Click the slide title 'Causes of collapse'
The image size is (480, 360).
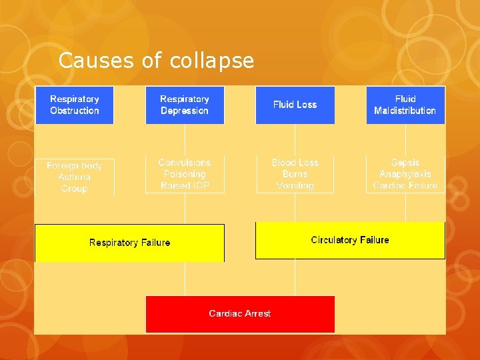[156, 61]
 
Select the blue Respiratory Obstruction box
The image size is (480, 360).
[75, 105]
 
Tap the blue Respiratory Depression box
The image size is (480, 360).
[185, 105]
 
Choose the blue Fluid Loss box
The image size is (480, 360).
[295, 105]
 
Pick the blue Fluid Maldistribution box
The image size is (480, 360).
[405, 105]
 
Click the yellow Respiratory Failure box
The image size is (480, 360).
[129, 243]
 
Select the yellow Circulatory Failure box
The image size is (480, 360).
[350, 240]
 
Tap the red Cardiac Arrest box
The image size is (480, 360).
[240, 313]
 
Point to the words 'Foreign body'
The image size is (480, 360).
[75, 165]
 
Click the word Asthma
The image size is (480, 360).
[75, 177]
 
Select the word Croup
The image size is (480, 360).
[75, 189]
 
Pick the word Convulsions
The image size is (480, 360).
[185, 163]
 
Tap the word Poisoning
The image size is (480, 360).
[185, 174]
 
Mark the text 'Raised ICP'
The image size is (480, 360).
[185, 185]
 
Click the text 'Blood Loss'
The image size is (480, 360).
[295, 163]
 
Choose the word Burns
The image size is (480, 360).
[295, 174]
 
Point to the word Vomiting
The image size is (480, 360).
[295, 185]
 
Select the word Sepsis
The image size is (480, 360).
[405, 163]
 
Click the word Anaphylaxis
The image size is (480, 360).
[405, 174]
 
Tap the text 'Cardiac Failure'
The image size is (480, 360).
[405, 185]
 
